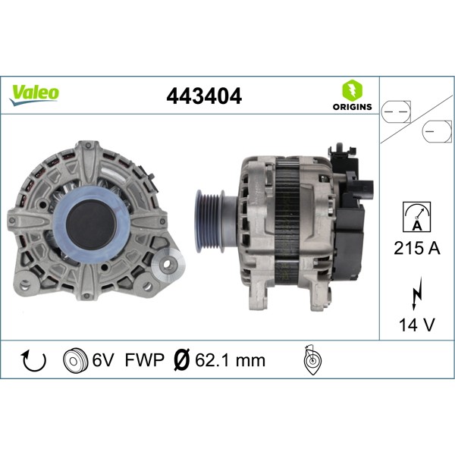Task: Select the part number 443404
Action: pos(204,96)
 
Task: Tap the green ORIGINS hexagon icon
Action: pos(352,89)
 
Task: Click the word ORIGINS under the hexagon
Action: pos(352,107)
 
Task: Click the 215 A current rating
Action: pos(415,247)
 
